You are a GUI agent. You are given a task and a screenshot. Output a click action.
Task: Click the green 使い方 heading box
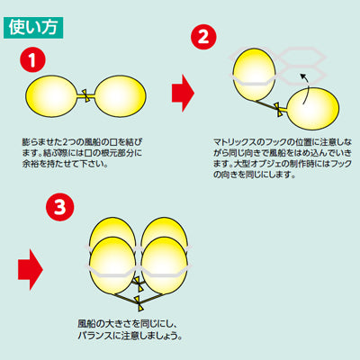pos(33,28)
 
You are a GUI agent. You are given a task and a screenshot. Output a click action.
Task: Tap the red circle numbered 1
pos(32,60)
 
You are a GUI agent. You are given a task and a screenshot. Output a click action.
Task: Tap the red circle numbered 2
pos(203,37)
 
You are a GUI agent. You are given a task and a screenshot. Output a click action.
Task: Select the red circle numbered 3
pos(59,207)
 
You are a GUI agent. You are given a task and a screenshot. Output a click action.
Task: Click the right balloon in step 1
pos(121,96)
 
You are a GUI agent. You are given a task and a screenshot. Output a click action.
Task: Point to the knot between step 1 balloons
pos(85,96)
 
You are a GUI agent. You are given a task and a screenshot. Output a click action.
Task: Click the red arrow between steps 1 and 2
pos(183,93)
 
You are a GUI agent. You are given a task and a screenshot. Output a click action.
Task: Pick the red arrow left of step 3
pos(31,269)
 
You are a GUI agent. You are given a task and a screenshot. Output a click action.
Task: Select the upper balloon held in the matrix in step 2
pos(254,74)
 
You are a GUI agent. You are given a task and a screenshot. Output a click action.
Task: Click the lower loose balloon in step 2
pos(313,108)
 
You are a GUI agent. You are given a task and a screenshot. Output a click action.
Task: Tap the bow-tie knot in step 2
pos(278,110)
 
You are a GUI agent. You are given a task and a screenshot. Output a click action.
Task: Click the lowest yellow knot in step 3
pos(139,303)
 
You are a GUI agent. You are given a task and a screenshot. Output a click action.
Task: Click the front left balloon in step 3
pos(112,265)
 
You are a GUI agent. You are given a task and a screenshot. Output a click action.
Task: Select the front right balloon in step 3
pos(165,265)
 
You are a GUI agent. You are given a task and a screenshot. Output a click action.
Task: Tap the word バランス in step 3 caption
pos(95,336)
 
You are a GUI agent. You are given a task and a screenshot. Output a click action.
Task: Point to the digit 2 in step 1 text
pos(66,141)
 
